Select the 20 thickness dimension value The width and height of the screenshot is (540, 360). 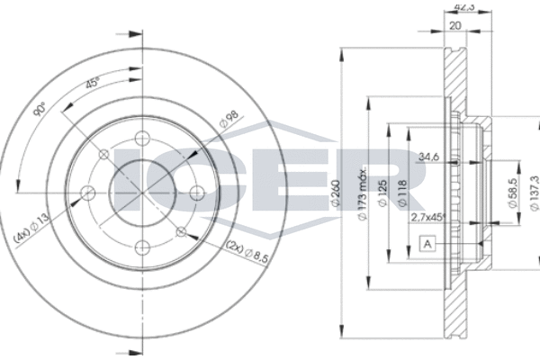(x=454, y=25)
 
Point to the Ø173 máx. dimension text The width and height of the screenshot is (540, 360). (x=360, y=189)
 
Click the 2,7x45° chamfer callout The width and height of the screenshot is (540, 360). (x=428, y=216)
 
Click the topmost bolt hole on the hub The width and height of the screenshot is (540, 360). (x=141, y=137)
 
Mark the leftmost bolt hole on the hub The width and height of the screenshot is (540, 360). (x=87, y=191)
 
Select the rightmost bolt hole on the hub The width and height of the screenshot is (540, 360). (x=196, y=191)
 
